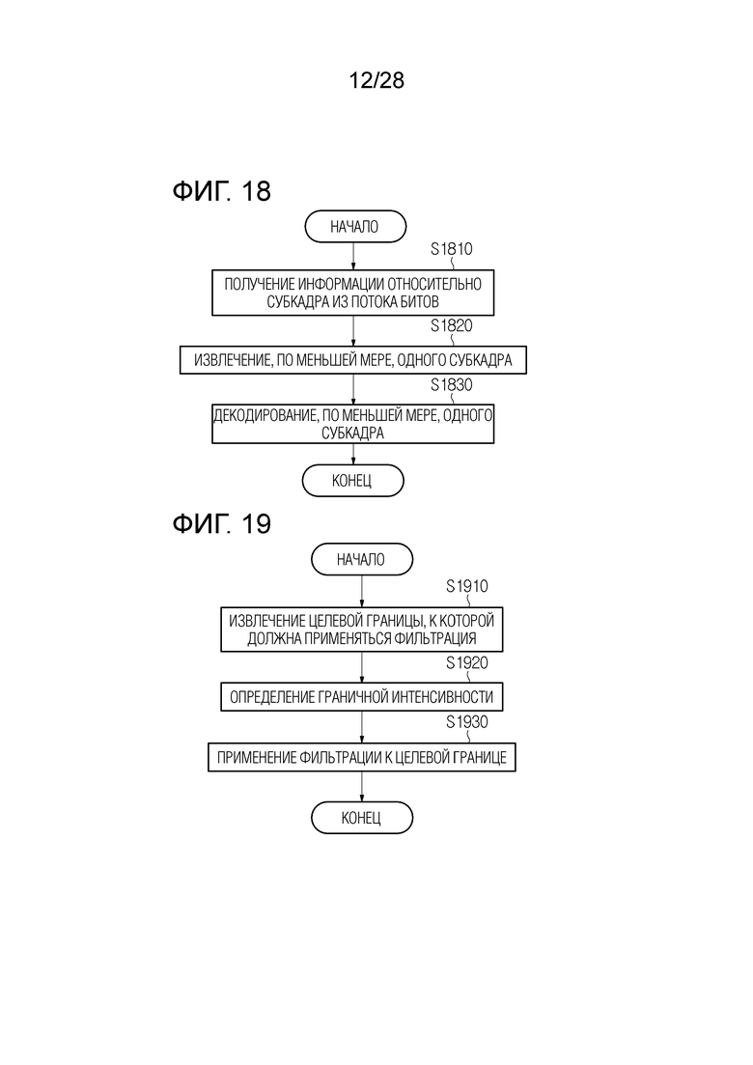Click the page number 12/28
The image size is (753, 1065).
pos(376,80)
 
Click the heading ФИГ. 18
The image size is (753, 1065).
pos(221,191)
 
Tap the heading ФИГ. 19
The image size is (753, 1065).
pos(221,523)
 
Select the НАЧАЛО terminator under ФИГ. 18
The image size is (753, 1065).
pos(355,226)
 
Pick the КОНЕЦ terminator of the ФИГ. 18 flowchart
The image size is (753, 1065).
pos(352,481)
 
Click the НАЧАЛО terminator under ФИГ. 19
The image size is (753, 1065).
pos(362,560)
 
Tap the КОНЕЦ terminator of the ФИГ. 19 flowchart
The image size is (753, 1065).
pos(362,817)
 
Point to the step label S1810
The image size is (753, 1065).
pos(452,249)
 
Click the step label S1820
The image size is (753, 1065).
pos(452,326)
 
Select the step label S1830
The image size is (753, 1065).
pos(452,385)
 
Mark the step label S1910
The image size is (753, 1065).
pos(467,586)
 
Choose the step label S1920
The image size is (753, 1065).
pos(467,663)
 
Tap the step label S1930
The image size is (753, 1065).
pos(467,722)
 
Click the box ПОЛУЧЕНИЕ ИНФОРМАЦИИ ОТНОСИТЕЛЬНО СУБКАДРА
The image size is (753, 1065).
pos(353,293)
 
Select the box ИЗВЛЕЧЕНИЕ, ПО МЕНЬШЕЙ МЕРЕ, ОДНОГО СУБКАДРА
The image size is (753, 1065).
pos(353,360)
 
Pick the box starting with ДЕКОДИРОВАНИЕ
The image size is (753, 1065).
pos(353,424)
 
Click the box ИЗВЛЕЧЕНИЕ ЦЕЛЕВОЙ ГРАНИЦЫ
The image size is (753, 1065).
pos(362,630)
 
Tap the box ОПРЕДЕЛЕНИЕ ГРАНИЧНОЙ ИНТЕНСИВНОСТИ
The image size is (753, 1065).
pos(362,697)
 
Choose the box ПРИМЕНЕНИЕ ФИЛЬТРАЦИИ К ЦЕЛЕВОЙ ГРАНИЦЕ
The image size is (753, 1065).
pos(362,757)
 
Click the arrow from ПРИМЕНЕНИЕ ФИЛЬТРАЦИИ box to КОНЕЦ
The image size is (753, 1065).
pos(362,787)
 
